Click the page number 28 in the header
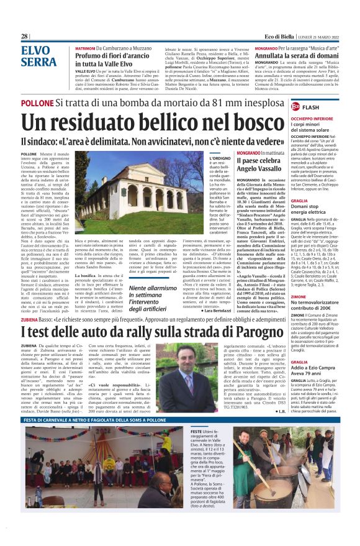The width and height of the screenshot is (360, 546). click(x=24, y=36)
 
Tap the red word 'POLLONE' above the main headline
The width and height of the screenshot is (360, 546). click(x=37, y=102)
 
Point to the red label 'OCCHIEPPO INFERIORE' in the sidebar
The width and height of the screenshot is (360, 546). click(x=312, y=117)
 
